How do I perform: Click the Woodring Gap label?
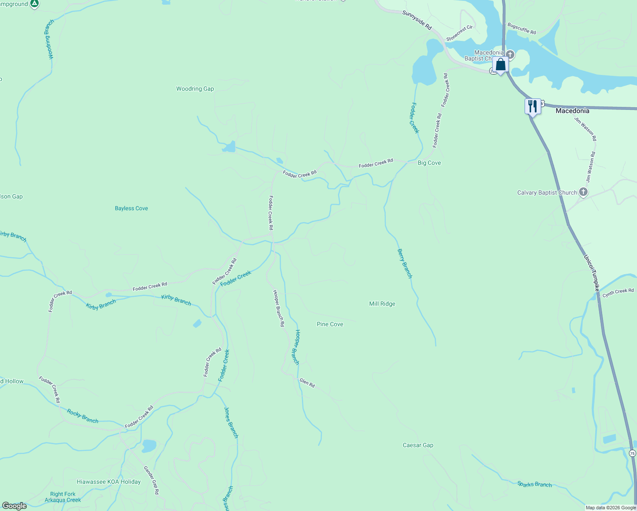click(195, 89)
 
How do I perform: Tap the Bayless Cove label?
click(131, 208)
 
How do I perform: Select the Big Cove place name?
click(429, 163)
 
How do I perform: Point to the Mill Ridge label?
click(382, 304)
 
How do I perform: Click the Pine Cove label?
click(330, 324)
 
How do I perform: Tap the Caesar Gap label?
click(418, 445)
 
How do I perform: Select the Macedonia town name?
click(572, 111)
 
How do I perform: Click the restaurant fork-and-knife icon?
click(532, 106)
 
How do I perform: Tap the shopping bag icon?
click(501, 65)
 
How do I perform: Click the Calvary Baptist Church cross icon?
click(583, 192)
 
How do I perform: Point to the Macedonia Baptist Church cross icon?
click(510, 55)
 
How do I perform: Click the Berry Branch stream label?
click(405, 264)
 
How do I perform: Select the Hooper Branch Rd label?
click(278, 308)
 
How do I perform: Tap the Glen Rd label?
click(307, 383)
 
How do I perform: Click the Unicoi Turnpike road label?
click(591, 273)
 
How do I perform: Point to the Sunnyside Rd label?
click(417, 20)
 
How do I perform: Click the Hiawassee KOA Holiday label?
click(109, 482)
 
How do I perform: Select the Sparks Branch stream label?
click(534, 484)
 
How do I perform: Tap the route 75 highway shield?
click(632, 453)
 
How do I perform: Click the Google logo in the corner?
click(14, 506)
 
